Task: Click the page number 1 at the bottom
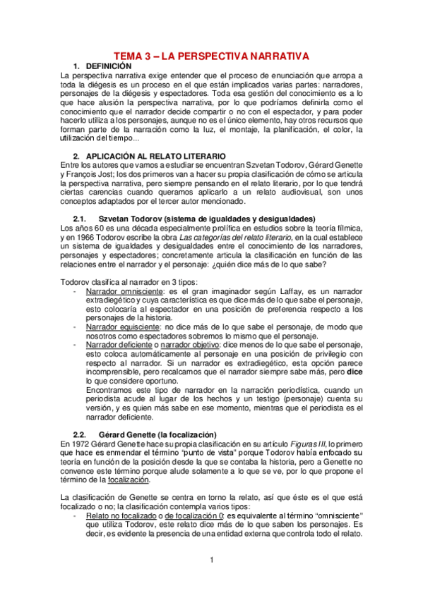click(211, 560)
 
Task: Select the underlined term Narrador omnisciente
click(119, 291)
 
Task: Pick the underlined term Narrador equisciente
click(117, 327)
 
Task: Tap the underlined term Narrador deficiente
click(116, 346)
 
